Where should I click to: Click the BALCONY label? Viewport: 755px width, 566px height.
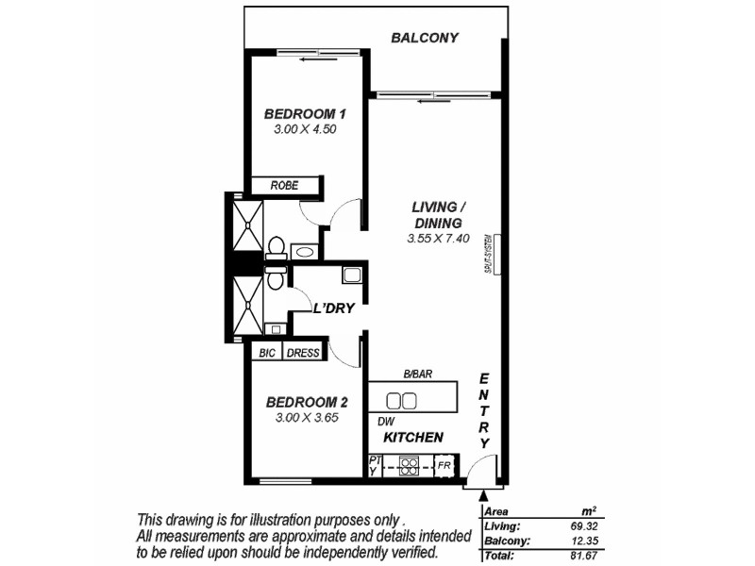click(425, 38)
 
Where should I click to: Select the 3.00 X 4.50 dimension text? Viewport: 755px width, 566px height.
click(305, 130)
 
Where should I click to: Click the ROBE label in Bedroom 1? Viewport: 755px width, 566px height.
click(284, 186)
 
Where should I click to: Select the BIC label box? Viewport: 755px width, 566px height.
click(265, 353)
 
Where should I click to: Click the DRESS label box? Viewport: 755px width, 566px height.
click(302, 353)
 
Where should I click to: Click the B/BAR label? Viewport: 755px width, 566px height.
click(417, 375)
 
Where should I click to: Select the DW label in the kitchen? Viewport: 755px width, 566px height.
click(385, 421)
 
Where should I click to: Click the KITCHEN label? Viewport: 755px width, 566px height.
click(413, 438)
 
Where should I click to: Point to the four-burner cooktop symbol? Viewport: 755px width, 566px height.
click(410, 465)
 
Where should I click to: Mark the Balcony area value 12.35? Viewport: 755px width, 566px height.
click(585, 541)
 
